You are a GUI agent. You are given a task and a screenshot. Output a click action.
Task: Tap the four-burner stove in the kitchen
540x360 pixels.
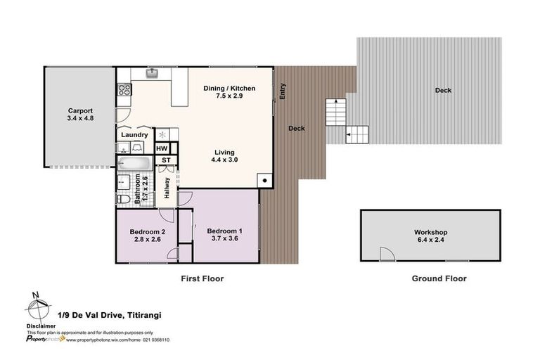(124, 89)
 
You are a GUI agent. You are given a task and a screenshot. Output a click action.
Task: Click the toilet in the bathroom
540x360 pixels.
(124, 200)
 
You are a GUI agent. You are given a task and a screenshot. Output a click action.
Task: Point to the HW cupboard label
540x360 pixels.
(162, 148)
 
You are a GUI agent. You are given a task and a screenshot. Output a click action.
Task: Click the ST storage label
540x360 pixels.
(167, 160)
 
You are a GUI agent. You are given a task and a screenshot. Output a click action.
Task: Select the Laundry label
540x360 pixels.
(134, 135)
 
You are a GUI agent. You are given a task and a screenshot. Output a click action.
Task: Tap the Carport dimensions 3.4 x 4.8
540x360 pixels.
(80, 119)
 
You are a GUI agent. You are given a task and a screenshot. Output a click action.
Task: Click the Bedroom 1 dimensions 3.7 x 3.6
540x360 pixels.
(224, 239)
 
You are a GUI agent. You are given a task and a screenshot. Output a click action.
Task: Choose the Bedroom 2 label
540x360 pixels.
(148, 231)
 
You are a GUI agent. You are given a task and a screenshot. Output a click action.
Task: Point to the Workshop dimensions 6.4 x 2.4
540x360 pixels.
(430, 240)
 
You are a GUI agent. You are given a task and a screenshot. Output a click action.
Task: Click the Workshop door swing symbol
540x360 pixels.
(385, 254)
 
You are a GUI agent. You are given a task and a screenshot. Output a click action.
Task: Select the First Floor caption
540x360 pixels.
(202, 279)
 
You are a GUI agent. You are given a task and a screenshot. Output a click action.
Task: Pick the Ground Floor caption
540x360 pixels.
(439, 279)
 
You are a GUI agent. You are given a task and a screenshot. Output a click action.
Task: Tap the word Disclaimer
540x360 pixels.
(41, 325)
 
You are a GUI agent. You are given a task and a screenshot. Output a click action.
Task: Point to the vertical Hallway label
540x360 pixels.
(167, 188)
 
